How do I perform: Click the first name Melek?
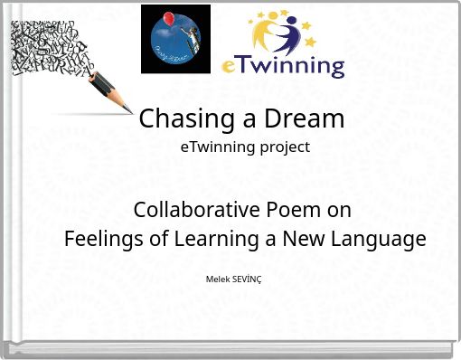(217, 279)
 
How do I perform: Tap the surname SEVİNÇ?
(247, 279)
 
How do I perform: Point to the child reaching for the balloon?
(186, 38)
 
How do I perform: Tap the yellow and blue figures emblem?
(285, 31)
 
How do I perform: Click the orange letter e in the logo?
(230, 67)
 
